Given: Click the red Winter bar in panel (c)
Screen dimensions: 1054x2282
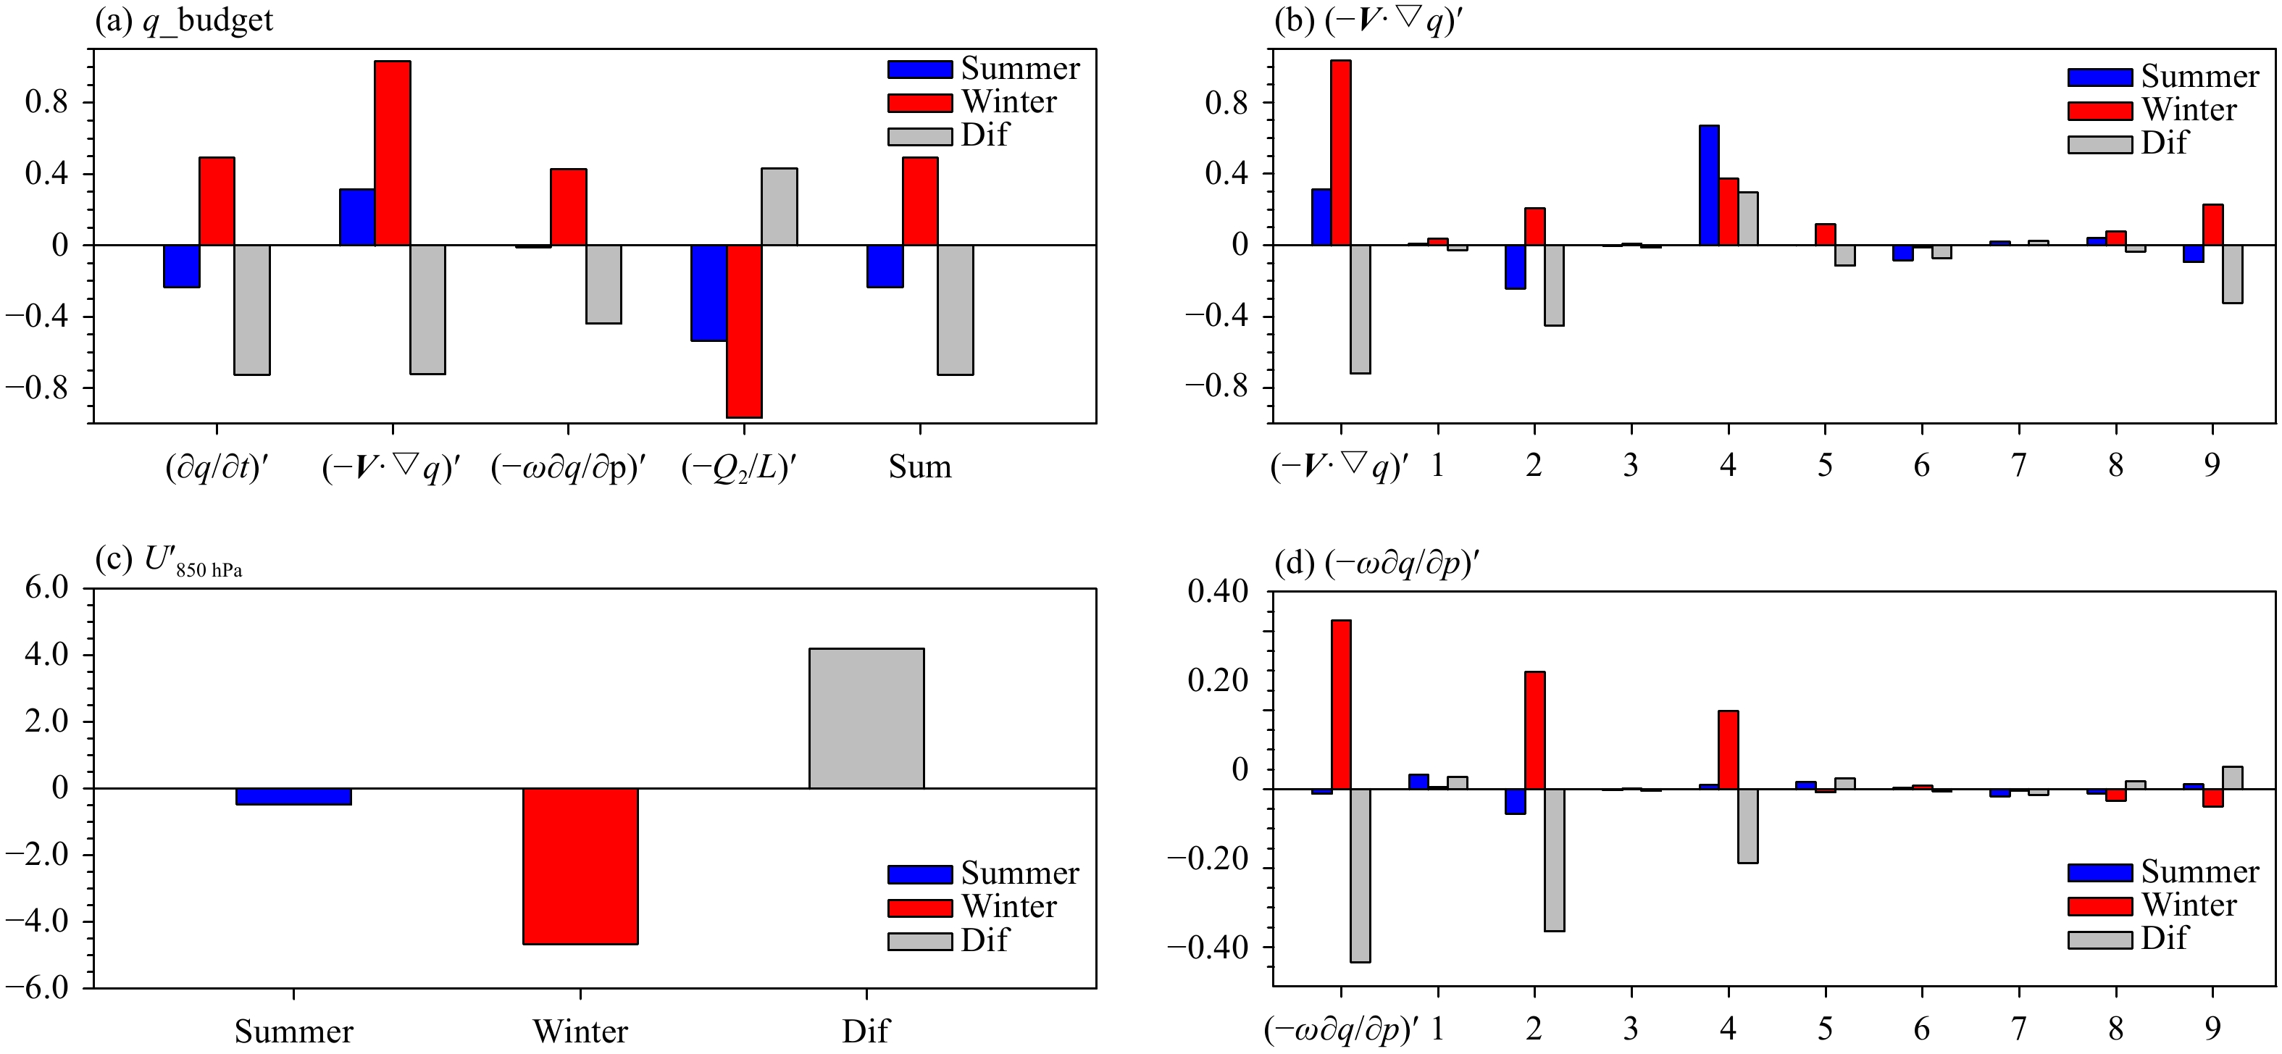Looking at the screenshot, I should pyautogui.click(x=580, y=866).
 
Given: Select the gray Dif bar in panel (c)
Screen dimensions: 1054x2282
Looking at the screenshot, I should pyautogui.click(x=866, y=719).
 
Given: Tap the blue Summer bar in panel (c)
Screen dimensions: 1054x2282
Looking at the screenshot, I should pyautogui.click(x=293, y=796).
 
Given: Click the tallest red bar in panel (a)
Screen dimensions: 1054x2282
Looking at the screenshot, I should pyautogui.click(x=393, y=152).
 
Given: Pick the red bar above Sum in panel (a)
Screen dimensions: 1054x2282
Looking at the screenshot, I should pyautogui.click(x=921, y=201).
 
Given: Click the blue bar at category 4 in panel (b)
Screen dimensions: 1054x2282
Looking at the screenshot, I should pyautogui.click(x=1709, y=185).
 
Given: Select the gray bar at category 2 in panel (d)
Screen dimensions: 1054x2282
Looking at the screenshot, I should pyautogui.click(x=1554, y=859).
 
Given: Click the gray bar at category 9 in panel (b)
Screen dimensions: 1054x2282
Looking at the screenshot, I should pyautogui.click(x=2233, y=274).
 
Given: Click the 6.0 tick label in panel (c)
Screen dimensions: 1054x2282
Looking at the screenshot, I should pyautogui.click(x=46, y=588).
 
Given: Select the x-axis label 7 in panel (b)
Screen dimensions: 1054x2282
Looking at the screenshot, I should pyautogui.click(x=2018, y=465).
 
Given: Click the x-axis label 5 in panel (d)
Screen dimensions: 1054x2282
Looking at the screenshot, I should pyautogui.click(x=1825, y=1029).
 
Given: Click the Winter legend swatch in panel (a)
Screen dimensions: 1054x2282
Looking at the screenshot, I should pyautogui.click(x=919, y=103).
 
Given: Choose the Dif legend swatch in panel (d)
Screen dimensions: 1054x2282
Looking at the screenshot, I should pyautogui.click(x=2099, y=939).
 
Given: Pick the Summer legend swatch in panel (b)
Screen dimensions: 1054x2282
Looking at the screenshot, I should pyautogui.click(x=2099, y=77).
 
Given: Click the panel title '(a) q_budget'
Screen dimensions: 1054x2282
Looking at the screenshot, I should pyautogui.click(x=184, y=20).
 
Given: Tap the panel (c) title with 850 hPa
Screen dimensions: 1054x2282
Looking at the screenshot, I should pyautogui.click(x=168, y=561).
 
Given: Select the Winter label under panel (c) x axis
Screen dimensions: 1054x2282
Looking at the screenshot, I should pyautogui.click(x=580, y=1031).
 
